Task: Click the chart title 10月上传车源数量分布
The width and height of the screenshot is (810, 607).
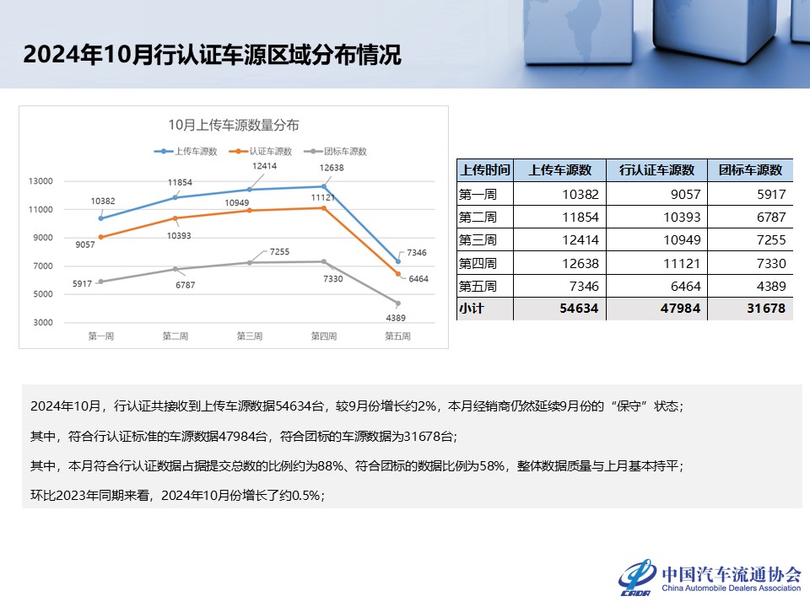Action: pos(234,126)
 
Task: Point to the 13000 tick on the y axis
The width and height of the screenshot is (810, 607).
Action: pos(40,181)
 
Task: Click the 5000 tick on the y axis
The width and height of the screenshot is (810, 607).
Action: pos(42,294)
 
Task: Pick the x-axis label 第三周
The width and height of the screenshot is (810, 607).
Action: pos(249,336)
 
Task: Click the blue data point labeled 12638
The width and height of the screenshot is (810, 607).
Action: pos(323,186)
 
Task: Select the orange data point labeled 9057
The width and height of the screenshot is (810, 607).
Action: pos(101,237)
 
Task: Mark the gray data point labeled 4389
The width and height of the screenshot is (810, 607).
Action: pos(397,303)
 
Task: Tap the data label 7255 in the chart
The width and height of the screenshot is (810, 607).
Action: pos(279,252)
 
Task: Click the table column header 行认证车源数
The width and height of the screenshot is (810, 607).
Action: pos(656,170)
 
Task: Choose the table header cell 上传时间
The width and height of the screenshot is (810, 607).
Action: pos(484,170)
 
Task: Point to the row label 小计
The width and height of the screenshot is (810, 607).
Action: pos(472,309)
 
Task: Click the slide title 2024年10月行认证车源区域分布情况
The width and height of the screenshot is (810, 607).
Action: pos(212,55)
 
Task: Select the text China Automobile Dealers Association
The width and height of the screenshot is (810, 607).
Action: pos(731,588)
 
